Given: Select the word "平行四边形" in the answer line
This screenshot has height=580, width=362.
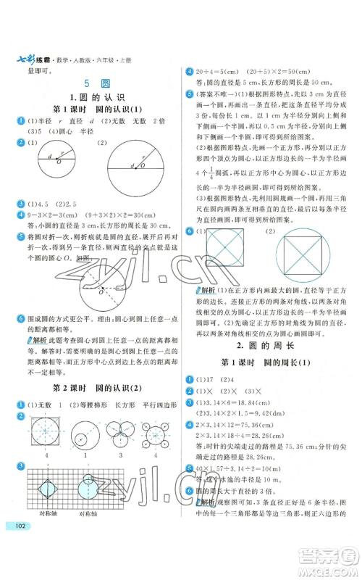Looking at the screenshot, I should pos(156,403).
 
